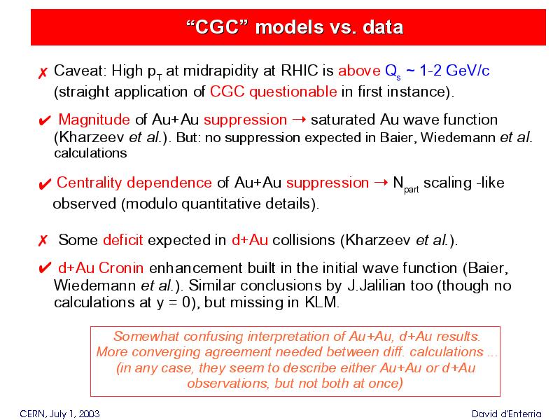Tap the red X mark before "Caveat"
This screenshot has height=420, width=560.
[x=43, y=73]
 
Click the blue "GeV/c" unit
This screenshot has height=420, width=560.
[x=468, y=71]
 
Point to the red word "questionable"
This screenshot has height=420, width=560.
[x=293, y=92]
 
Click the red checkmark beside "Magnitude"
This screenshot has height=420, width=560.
[x=45, y=120]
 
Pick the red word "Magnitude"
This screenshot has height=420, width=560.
[x=94, y=119]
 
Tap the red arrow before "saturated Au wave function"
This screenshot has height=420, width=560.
[x=299, y=119]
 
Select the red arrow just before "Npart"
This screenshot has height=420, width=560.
[x=381, y=182]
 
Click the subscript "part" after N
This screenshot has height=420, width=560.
[x=411, y=189]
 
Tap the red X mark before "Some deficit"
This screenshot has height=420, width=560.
[x=43, y=240]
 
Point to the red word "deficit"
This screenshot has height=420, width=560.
[x=123, y=239]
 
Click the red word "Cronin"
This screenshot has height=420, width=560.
[x=121, y=268]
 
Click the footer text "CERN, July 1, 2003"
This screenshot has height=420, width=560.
[x=59, y=414]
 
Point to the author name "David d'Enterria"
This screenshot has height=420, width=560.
[x=506, y=414]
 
